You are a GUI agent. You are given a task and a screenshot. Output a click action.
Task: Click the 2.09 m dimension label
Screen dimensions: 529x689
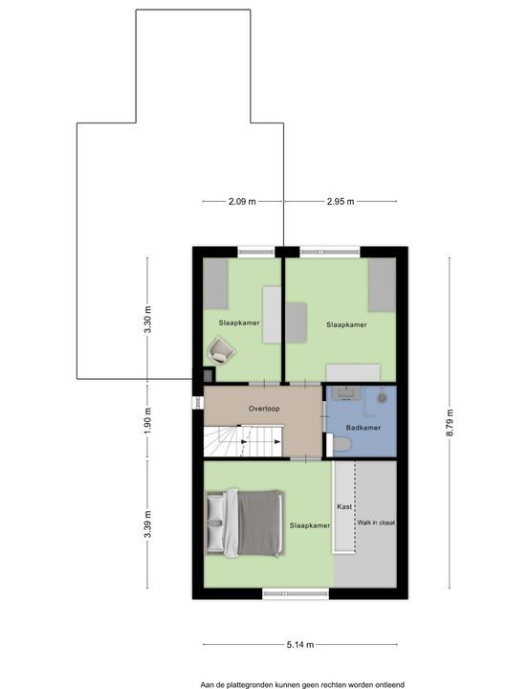pyautogui.click(x=242, y=202)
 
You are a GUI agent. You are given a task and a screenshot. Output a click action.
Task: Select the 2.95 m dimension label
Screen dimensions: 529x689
pyautogui.click(x=341, y=202)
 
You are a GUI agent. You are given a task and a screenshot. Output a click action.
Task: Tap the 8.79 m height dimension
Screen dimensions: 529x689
pyautogui.click(x=449, y=422)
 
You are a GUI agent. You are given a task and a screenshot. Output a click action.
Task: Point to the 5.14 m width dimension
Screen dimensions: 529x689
pyautogui.click(x=300, y=645)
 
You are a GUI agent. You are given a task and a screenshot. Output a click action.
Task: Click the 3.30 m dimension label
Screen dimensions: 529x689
pyautogui.click(x=147, y=319)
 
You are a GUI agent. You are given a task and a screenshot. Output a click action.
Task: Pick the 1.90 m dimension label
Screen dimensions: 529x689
pyautogui.click(x=147, y=421)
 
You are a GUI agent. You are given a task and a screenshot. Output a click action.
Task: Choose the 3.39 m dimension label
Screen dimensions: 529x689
pyautogui.click(x=147, y=523)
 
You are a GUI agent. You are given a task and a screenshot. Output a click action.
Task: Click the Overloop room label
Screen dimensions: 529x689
pyautogui.click(x=264, y=409)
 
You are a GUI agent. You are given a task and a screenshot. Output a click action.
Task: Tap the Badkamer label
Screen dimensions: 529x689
pyautogui.click(x=363, y=428)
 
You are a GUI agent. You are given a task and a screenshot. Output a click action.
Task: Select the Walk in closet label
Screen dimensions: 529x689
pyautogui.click(x=376, y=522)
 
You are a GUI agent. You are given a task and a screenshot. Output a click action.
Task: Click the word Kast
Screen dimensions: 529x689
pyautogui.click(x=344, y=506)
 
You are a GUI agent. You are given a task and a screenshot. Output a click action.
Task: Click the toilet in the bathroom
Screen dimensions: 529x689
pyautogui.click(x=342, y=444)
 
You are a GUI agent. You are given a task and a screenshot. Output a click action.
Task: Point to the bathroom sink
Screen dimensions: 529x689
pyautogui.click(x=345, y=392)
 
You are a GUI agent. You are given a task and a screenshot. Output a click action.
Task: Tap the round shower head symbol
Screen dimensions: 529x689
pyautogui.click(x=383, y=397)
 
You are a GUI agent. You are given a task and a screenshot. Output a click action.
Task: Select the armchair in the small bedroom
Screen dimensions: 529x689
pyautogui.click(x=221, y=350)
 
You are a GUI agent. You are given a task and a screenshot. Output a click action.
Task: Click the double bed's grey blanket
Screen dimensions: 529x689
pyautogui.click(x=259, y=523)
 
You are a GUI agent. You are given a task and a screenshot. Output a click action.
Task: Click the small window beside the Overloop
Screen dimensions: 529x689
pyautogui.click(x=198, y=404)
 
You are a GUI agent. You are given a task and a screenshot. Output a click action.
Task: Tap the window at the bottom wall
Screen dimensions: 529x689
pyautogui.click(x=296, y=593)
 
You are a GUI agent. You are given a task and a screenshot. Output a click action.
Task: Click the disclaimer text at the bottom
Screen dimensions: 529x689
pyautogui.click(x=302, y=684)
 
